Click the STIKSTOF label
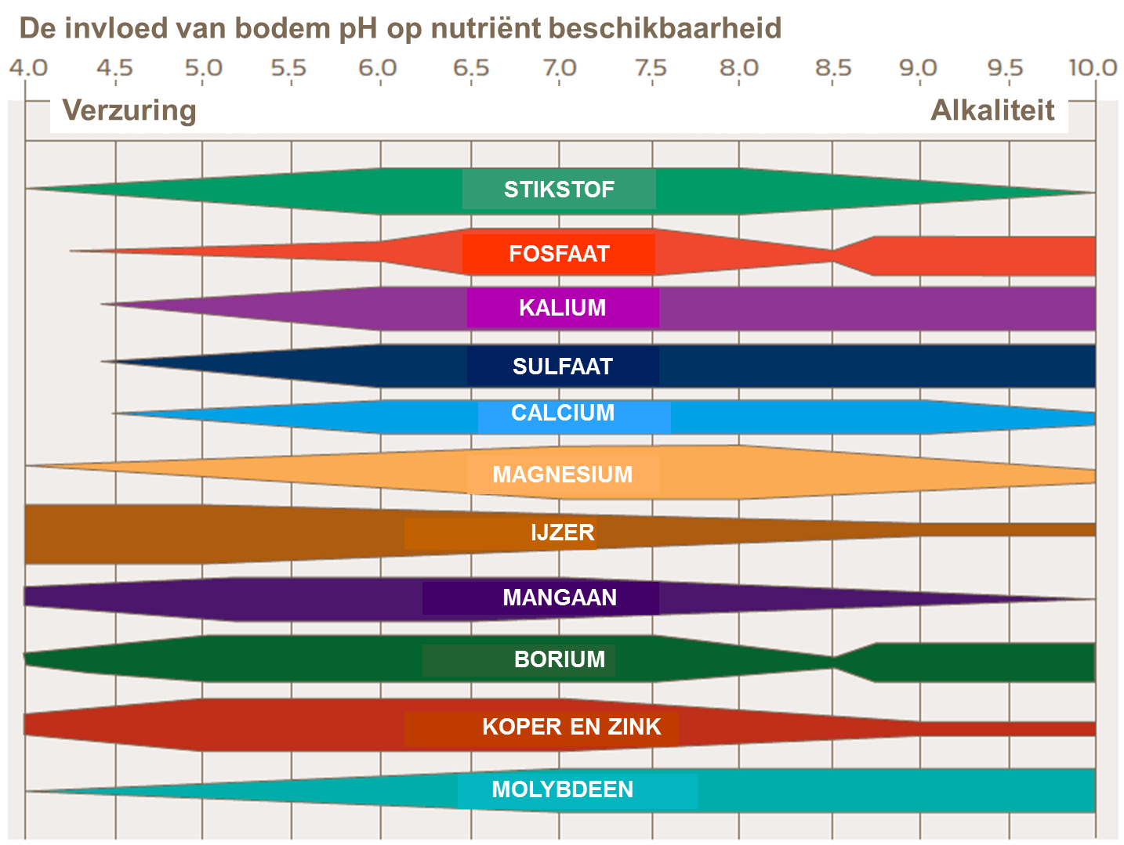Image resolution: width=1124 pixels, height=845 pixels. [x=559, y=190]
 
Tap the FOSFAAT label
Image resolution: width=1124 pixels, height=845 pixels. [x=559, y=254]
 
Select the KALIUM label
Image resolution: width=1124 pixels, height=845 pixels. [x=563, y=308]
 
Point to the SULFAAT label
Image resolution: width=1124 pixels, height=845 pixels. [x=563, y=367]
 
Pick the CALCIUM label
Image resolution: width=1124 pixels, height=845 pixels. [x=563, y=413]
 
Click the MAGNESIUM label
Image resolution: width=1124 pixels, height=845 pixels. [x=563, y=475]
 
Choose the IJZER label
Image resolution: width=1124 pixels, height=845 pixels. [x=563, y=533]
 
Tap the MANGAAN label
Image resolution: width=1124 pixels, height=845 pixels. [x=560, y=598]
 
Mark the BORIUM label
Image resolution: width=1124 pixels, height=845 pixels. [x=560, y=659]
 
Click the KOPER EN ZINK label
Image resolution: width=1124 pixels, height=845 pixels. [x=571, y=727]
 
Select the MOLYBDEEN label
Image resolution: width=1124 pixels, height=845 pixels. [x=563, y=789]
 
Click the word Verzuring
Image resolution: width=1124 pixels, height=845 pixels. [x=129, y=110]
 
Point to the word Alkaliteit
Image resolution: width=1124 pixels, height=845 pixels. [x=992, y=110]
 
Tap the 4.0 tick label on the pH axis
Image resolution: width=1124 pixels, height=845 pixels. [x=28, y=68]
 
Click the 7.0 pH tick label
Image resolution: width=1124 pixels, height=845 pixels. [x=560, y=68]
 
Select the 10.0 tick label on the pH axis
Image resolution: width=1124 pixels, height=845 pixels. [x=1093, y=68]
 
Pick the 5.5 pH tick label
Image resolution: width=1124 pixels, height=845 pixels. [x=288, y=68]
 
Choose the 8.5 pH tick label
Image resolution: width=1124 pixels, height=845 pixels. [x=832, y=68]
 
